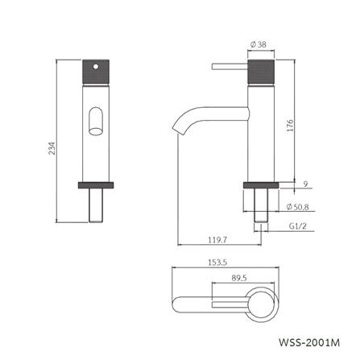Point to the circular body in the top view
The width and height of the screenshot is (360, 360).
click(263, 306)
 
